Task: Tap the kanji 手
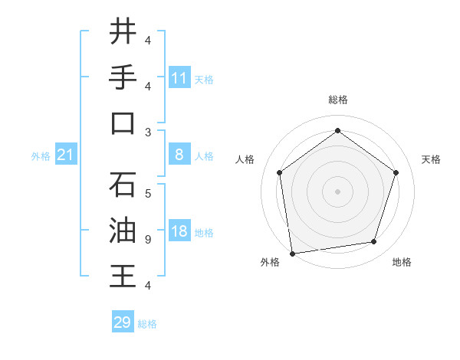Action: click(123, 77)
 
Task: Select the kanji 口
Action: click(123, 123)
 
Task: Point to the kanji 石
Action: click(123, 185)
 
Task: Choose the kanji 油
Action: click(123, 231)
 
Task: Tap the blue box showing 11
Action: click(179, 78)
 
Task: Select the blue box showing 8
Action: click(179, 155)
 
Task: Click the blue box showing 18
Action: click(179, 232)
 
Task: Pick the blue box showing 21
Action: click(66, 155)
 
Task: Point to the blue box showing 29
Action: click(123, 322)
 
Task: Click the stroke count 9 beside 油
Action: click(147, 240)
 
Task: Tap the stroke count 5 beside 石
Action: click(147, 194)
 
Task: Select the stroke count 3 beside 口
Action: click(147, 133)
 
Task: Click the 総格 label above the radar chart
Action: click(337, 100)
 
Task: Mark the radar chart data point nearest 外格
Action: click(292, 253)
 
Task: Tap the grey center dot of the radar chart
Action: click(337, 191)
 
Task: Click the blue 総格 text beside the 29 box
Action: click(147, 324)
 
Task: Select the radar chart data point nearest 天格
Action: click(396, 172)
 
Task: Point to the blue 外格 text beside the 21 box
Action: click(41, 156)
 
